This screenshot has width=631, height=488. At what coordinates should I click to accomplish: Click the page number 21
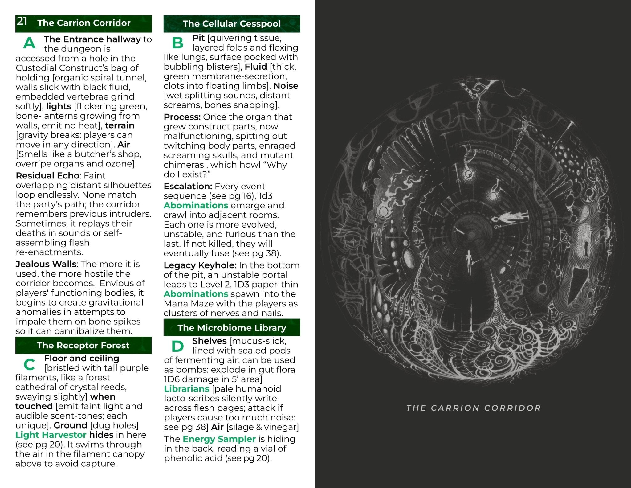point(22,21)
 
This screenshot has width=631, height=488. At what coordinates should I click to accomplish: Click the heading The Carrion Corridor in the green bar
point(84,23)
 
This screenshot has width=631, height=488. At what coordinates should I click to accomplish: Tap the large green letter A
point(29,43)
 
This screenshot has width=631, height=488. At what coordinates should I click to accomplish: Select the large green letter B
point(178,43)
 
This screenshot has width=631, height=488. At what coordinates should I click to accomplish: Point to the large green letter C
point(29,365)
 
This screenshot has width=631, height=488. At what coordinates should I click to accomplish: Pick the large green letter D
point(177,346)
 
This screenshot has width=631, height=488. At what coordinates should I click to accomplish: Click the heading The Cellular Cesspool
point(232,24)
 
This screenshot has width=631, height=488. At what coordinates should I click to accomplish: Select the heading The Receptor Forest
point(83,345)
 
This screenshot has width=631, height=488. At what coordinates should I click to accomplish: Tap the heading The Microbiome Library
point(232,328)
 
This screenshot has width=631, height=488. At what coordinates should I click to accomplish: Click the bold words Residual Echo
point(47,175)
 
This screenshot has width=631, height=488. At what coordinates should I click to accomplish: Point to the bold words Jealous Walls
point(46,264)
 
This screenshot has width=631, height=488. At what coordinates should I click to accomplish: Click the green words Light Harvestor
point(51,435)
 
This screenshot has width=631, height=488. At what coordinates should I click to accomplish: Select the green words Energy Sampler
point(219,439)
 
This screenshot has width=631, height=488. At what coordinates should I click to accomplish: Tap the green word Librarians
point(186,389)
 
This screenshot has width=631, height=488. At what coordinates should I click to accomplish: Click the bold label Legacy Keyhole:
point(200,265)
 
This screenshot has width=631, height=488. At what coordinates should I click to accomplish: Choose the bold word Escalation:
point(188,186)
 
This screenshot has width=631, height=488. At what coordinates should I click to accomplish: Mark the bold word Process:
point(182,117)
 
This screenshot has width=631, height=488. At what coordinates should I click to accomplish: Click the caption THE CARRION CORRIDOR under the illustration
point(473,408)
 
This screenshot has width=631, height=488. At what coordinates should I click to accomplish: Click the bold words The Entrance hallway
point(92,39)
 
